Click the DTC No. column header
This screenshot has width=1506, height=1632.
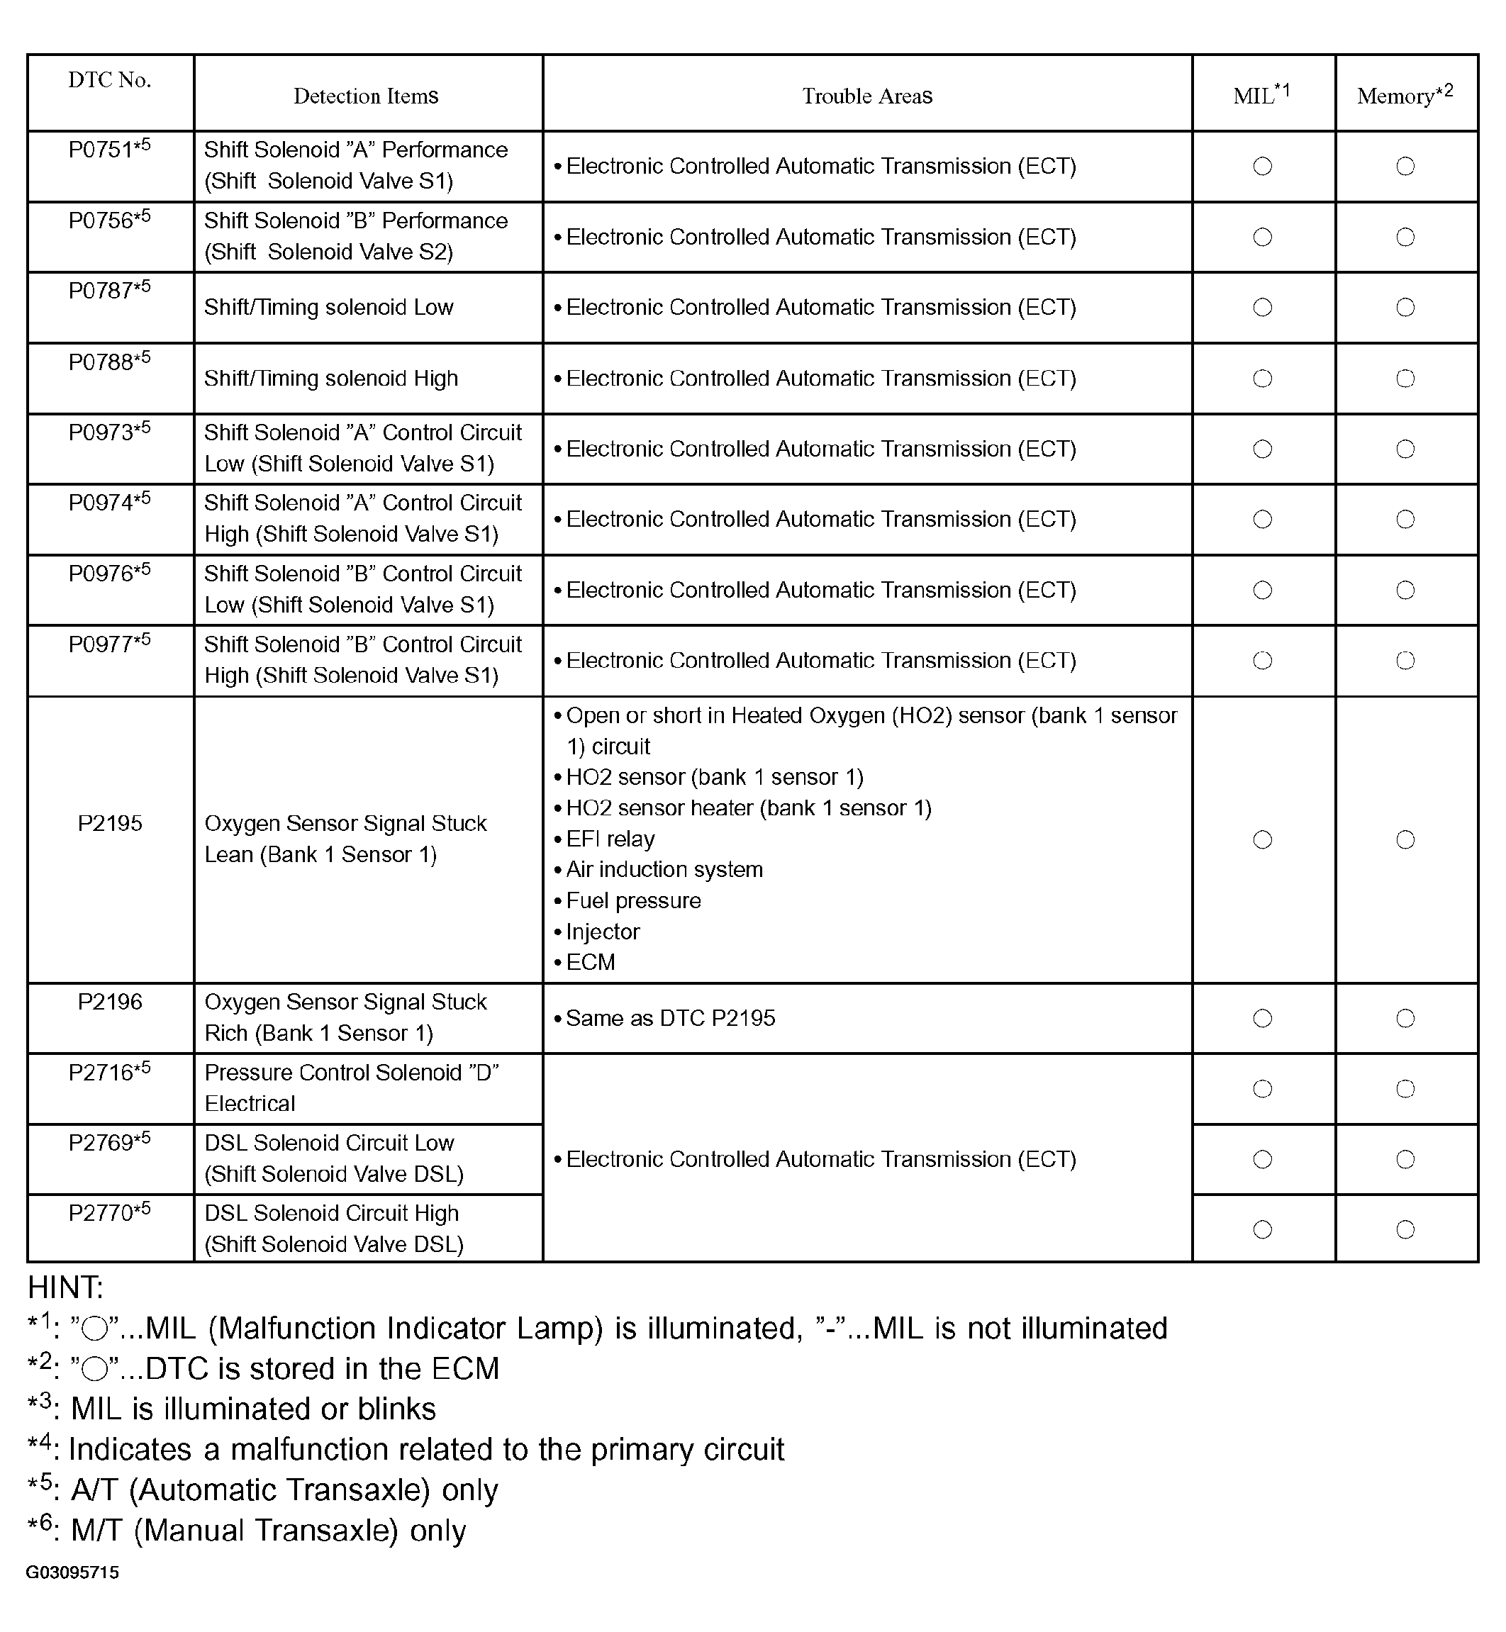[109, 80]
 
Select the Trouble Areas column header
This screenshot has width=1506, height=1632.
[867, 96]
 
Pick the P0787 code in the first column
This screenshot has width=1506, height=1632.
[109, 291]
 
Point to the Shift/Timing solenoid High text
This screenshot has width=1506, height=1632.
[331, 378]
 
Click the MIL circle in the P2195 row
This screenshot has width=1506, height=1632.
[1262, 839]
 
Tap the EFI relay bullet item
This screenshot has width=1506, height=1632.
[610, 839]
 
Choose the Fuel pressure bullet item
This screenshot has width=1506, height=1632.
[632, 900]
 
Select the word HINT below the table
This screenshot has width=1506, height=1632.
[65, 1287]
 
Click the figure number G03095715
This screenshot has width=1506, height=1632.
[72, 1572]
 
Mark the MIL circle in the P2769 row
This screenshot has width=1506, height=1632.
[1262, 1158]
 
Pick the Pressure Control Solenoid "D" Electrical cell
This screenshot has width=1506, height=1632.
[351, 1088]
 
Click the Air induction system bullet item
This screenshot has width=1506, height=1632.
[664, 869]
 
